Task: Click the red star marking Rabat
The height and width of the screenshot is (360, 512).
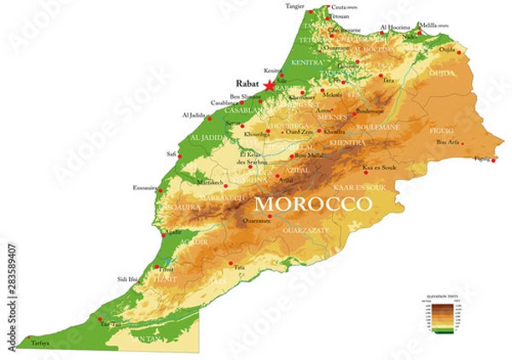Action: click(x=271, y=85)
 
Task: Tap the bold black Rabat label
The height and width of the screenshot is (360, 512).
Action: click(x=248, y=84)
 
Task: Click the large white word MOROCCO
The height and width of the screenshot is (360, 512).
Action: click(x=312, y=205)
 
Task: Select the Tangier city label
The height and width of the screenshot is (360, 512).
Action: click(x=295, y=6)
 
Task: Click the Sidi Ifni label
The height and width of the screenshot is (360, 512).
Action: click(x=128, y=279)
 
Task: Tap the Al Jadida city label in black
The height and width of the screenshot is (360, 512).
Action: click(x=194, y=115)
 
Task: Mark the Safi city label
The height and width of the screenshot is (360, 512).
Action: click(x=172, y=154)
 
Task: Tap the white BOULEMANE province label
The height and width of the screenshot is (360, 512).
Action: click(x=375, y=127)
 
